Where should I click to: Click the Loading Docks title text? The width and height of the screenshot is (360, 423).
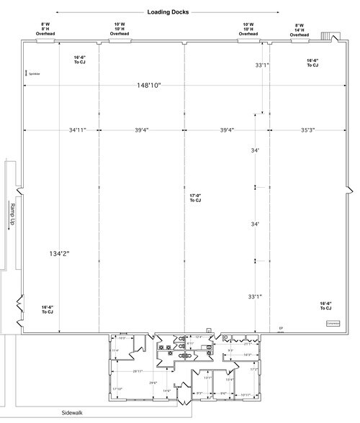click(x=168, y=12)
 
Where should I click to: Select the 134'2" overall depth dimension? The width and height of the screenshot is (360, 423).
click(x=61, y=254)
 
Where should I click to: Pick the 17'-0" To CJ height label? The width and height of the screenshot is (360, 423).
click(x=194, y=198)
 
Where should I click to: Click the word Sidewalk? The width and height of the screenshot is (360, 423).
click(x=74, y=414)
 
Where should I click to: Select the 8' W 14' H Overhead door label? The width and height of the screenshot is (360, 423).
click(x=299, y=29)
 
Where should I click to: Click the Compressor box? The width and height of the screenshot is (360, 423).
click(x=333, y=324)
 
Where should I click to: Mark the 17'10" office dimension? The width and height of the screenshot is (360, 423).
click(x=117, y=388)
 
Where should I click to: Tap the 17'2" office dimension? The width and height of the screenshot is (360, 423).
click(x=254, y=370)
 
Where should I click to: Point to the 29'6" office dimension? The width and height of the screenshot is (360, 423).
click(x=153, y=383)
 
